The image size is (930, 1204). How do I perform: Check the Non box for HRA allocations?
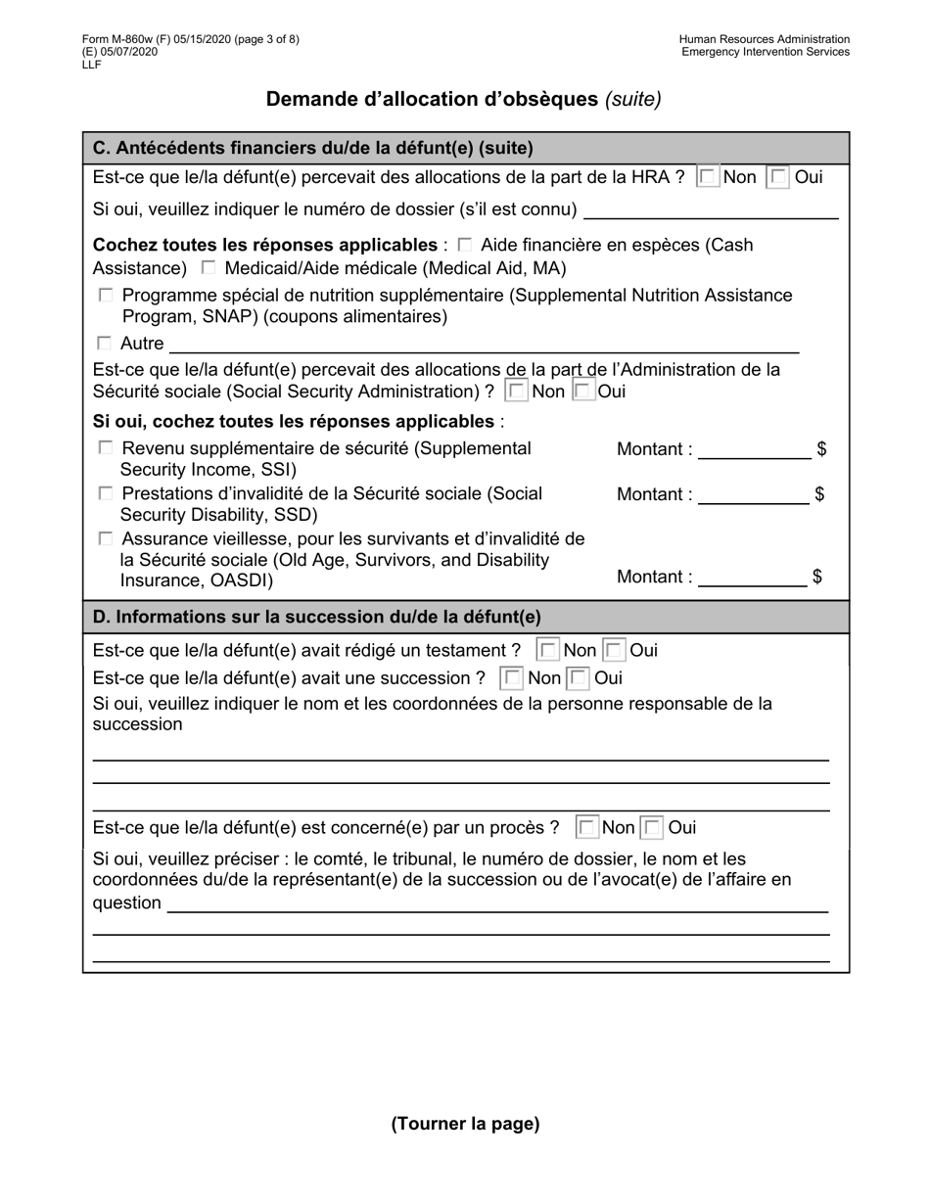tap(707, 177)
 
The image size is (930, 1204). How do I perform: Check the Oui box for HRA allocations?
tap(778, 177)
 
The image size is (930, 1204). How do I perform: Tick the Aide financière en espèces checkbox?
tap(464, 245)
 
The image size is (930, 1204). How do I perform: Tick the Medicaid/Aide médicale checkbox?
tap(209, 268)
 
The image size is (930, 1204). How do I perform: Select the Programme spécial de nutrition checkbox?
tap(106, 295)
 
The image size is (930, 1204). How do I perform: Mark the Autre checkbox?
tap(105, 344)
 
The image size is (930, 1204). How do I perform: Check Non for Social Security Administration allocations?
tap(516, 392)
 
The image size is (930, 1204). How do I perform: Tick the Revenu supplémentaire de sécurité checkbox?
tap(106, 448)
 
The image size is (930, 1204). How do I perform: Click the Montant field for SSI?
tap(754, 450)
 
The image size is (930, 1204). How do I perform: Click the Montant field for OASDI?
tap(752, 578)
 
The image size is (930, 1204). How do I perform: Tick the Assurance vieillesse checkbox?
tap(106, 539)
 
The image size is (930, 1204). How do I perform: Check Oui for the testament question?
tap(614, 651)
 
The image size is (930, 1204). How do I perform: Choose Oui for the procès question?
tap(652, 828)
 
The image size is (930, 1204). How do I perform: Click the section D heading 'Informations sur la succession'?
tap(316, 618)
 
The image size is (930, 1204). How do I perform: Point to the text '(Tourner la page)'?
tap(465, 1124)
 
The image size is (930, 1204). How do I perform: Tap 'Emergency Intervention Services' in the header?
tap(766, 52)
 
